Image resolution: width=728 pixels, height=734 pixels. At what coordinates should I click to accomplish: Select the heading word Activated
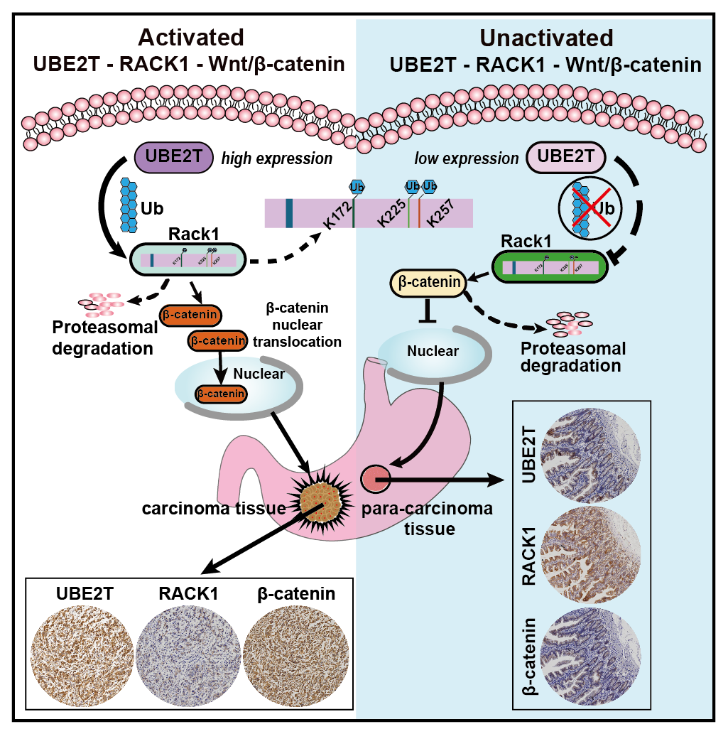click(x=191, y=37)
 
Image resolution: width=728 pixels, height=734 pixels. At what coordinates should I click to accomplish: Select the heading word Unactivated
click(x=545, y=37)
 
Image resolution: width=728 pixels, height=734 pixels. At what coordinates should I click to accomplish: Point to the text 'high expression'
click(x=277, y=159)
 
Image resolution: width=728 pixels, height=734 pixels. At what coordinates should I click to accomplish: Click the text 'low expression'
click(x=467, y=158)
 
